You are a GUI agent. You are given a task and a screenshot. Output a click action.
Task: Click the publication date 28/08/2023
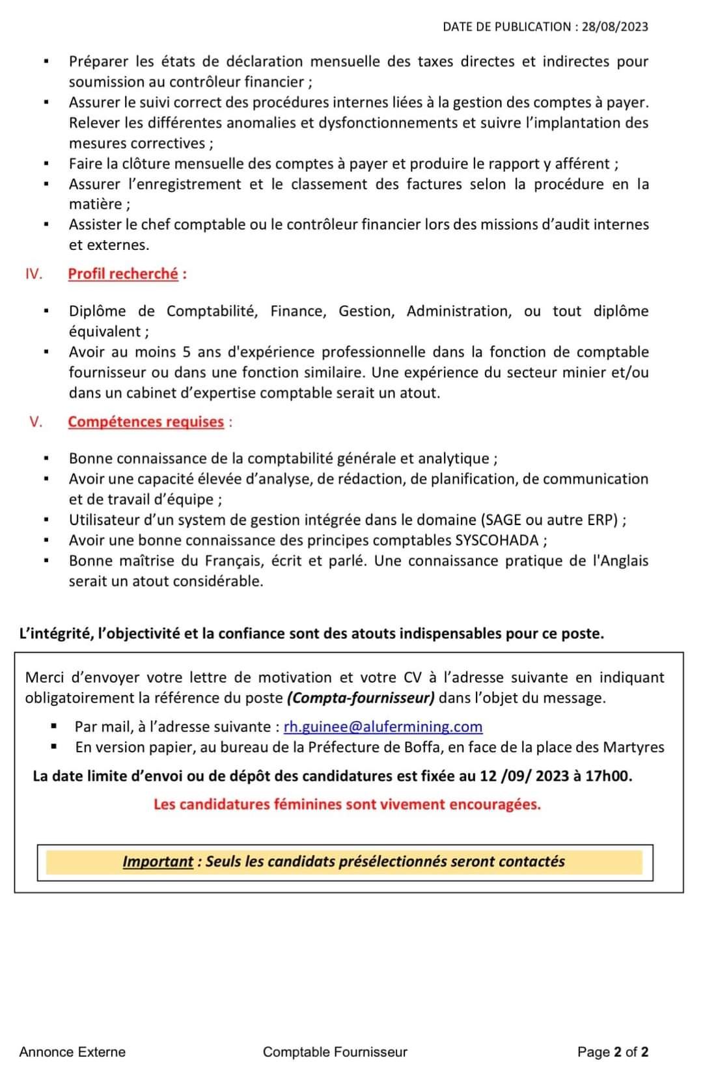(x=615, y=27)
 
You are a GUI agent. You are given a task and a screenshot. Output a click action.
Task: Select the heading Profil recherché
(x=123, y=274)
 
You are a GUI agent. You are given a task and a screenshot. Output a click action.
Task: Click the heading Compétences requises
(x=146, y=422)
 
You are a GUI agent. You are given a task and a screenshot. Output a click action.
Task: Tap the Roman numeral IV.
(x=33, y=274)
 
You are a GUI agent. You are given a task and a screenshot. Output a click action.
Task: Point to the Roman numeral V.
(x=36, y=422)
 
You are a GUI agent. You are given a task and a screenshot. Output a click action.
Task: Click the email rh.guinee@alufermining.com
(x=383, y=726)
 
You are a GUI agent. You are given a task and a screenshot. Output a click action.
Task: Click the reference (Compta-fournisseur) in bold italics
(x=361, y=698)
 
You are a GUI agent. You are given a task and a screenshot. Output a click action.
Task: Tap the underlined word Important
(x=158, y=862)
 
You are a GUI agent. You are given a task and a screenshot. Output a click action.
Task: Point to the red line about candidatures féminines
(x=347, y=804)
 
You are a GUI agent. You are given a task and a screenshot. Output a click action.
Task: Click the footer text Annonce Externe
(x=72, y=1052)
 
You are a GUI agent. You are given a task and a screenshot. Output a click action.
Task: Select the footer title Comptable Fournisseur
(x=335, y=1052)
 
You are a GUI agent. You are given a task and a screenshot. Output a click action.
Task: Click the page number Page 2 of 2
(x=613, y=1052)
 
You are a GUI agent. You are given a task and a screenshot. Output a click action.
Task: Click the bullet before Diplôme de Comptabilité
(x=46, y=312)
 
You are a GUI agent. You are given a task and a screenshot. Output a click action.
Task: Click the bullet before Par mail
(x=54, y=726)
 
